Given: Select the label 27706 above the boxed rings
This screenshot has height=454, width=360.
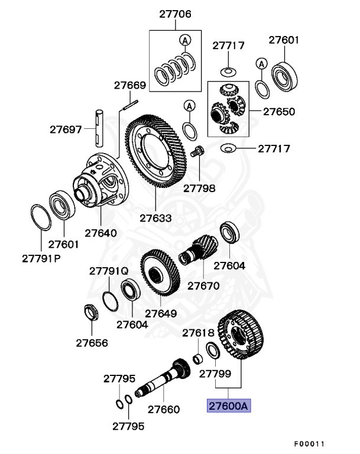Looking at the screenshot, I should pos(175,15).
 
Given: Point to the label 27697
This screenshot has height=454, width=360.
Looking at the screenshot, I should pos(66,128).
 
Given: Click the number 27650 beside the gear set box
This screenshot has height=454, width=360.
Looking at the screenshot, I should pos(279,111).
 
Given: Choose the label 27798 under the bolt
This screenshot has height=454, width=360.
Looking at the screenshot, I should pos(199,189).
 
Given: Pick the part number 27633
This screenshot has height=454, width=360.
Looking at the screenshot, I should pos(155,218).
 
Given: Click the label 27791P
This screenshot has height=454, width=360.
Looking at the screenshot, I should pos(42,258).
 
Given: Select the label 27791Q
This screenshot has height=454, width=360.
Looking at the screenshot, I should pos(109,271).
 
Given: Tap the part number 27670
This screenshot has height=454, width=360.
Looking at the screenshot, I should pos(203,286).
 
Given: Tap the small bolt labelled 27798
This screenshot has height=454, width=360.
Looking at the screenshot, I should pos(199,151).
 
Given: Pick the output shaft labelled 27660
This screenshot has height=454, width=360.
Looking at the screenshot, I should pos(163,378).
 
